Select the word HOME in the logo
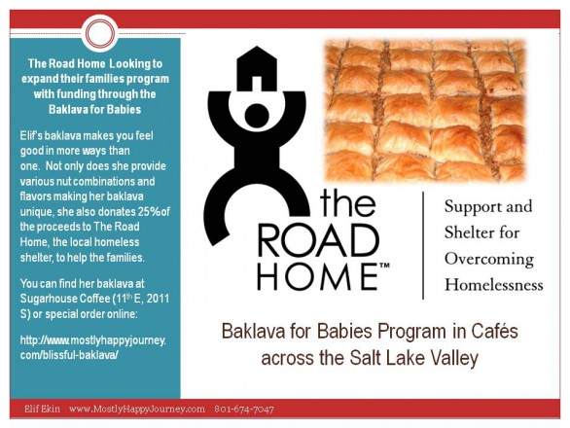pos(318,275)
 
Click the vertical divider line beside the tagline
pos(423,243)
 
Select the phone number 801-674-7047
pos(244,410)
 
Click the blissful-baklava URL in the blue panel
pos(93,345)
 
